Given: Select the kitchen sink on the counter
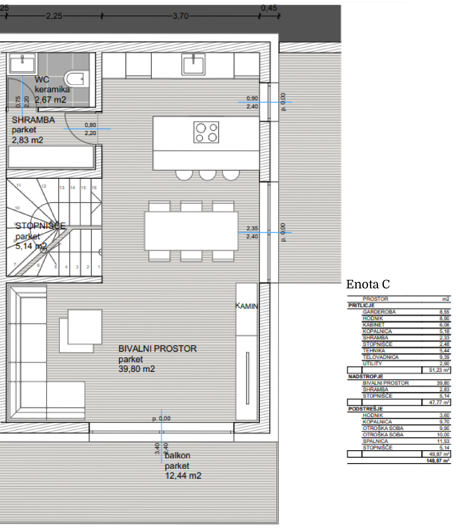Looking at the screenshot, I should (x=193, y=64).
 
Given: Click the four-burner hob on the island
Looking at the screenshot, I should (x=206, y=132).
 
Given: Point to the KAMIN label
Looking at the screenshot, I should (x=246, y=306).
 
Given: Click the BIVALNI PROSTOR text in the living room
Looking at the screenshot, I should (x=157, y=349).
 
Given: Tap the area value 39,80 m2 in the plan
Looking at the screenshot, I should (x=136, y=369).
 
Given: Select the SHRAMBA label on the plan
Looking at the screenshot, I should (x=33, y=120).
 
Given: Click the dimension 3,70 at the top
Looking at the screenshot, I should (x=180, y=16).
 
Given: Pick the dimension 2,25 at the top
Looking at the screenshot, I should (x=54, y=16).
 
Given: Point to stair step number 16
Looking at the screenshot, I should (x=94, y=188).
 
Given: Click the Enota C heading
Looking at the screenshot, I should (x=368, y=284).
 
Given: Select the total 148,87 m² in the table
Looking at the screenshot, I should (x=437, y=461).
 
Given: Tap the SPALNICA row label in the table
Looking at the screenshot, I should (x=375, y=441).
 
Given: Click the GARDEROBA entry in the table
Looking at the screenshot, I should (x=379, y=312).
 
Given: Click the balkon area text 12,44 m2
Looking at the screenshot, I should (x=183, y=476).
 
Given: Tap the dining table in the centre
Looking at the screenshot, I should (x=191, y=231).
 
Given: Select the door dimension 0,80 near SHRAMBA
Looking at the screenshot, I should (x=90, y=125).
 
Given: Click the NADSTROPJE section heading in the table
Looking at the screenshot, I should (x=365, y=376).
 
